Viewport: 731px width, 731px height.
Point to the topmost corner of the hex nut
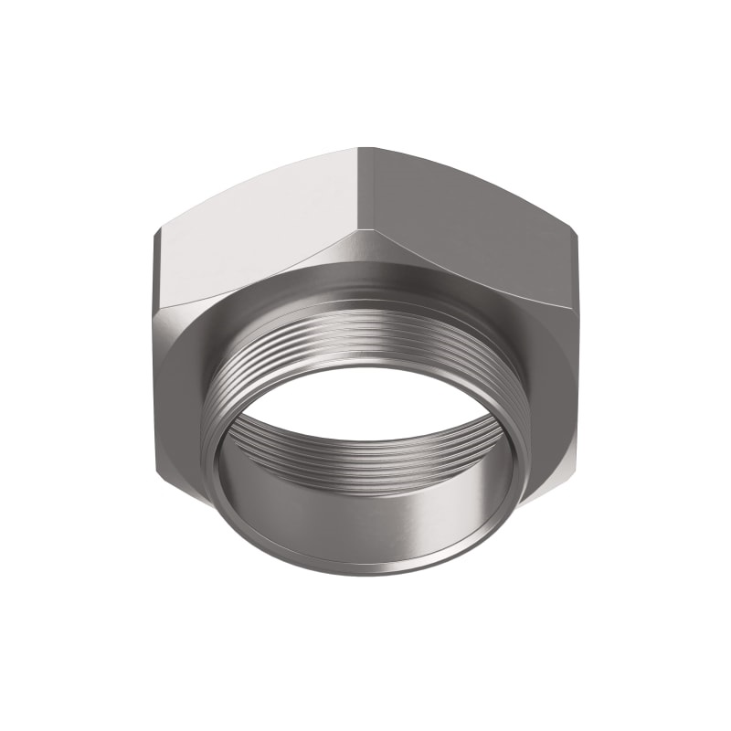pos(365,148)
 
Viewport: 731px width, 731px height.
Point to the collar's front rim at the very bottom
pos(365,573)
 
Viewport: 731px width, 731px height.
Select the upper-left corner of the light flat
pos(155,232)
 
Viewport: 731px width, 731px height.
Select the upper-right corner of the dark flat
pos(577,236)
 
